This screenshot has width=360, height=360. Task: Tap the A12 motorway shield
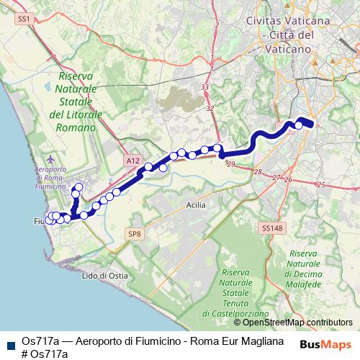(x=131, y=162)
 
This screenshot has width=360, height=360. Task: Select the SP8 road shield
(x=135, y=234)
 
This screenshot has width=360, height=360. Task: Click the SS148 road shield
(x=269, y=228)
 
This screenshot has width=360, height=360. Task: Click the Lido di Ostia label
(x=104, y=276)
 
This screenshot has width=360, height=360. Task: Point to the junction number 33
(x=205, y=87)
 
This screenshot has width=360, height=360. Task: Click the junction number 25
(x=321, y=186)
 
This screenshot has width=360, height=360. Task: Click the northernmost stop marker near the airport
(x=78, y=188)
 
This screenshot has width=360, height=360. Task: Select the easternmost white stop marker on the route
(x=299, y=125)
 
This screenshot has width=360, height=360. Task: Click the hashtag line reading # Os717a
(x=44, y=354)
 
